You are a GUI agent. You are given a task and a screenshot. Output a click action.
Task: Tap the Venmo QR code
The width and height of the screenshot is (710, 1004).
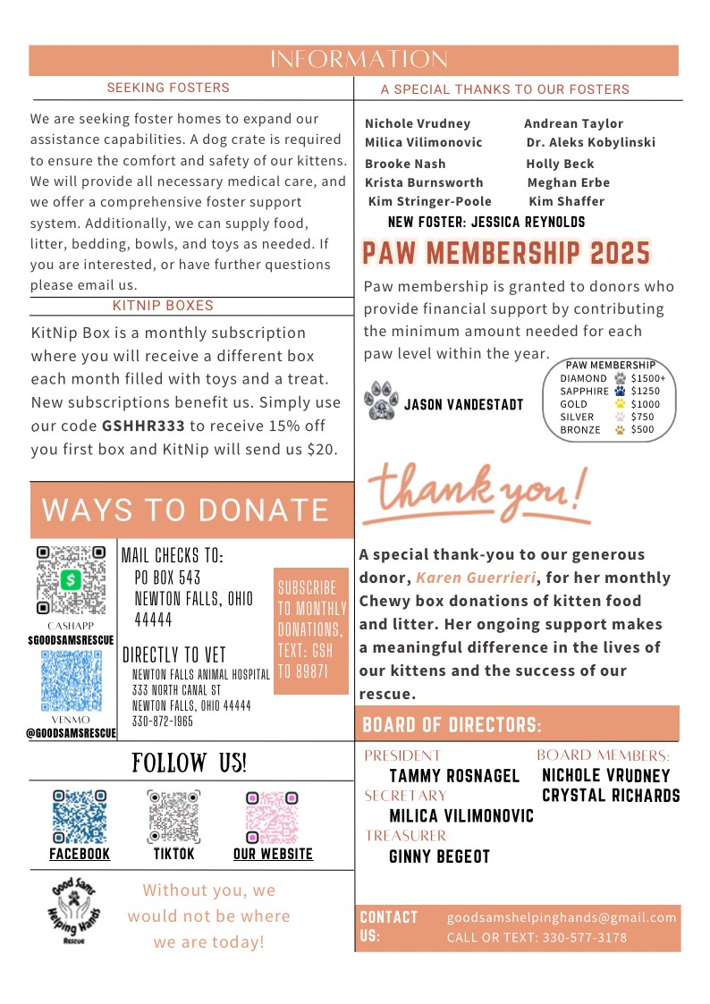[x=72, y=679]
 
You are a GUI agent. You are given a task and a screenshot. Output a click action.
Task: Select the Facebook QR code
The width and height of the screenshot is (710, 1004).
[x=80, y=816]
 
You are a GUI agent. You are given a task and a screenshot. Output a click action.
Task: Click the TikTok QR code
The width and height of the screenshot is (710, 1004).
[x=173, y=816]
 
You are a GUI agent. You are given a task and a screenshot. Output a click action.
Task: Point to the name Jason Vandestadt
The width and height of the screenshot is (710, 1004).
[x=463, y=405]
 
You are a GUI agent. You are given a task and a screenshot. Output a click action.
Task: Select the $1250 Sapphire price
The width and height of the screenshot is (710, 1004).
[x=645, y=391]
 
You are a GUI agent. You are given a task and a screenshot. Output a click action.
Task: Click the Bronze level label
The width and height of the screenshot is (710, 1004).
[x=580, y=429]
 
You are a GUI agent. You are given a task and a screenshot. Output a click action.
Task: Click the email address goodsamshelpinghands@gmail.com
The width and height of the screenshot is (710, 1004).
[x=562, y=917]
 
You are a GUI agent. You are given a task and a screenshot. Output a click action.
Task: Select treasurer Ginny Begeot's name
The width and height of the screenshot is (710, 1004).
[x=439, y=856]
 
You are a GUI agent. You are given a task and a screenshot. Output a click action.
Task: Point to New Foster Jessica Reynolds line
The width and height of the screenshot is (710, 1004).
[x=486, y=222]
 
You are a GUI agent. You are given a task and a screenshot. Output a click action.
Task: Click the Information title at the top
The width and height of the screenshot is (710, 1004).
[x=359, y=60]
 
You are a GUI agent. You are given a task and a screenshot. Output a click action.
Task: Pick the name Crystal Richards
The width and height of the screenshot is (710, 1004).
[x=611, y=796]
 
